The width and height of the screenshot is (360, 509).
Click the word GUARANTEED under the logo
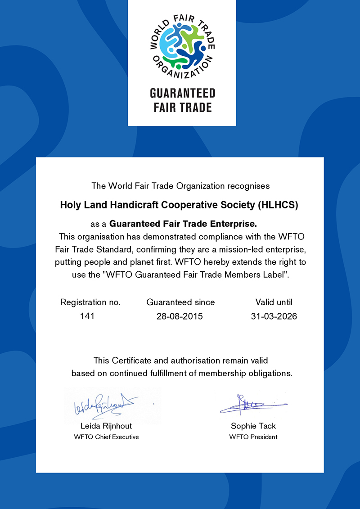(x=182, y=94)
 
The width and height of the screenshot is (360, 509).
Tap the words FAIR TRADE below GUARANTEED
(x=182, y=108)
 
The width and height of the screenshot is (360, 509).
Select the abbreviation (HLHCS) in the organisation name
(x=278, y=205)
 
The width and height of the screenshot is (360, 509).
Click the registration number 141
(x=87, y=316)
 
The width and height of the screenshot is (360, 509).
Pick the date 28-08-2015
(x=180, y=316)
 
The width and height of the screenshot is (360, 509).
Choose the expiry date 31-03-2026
(x=274, y=316)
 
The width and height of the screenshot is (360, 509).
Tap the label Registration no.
(x=90, y=302)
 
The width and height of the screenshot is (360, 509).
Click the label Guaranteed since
(x=180, y=302)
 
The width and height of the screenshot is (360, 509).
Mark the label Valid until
(x=274, y=302)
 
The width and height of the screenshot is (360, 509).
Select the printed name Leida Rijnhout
(x=106, y=426)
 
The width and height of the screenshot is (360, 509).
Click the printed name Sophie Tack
(x=253, y=426)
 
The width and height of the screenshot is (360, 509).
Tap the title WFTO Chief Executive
(x=106, y=437)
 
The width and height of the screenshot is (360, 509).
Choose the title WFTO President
(x=253, y=437)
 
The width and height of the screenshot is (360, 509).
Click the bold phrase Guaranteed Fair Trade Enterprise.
(x=184, y=224)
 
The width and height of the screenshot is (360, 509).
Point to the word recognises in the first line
(x=248, y=185)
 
